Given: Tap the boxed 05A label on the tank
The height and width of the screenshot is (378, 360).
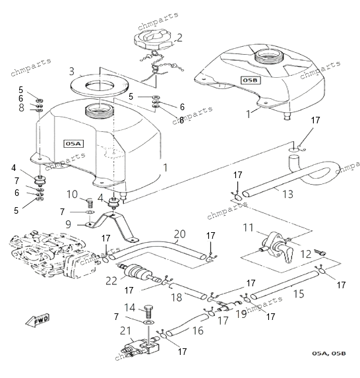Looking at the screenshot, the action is point(73,144).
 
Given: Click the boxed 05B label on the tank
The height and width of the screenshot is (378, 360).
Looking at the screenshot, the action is point(251,80).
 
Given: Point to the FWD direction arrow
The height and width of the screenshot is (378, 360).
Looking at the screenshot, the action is point(38,321).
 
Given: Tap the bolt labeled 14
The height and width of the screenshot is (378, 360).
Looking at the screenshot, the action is point(148,312).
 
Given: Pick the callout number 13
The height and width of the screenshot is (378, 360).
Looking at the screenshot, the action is point(287,194).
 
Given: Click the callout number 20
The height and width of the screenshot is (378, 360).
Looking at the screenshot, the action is point(180,234).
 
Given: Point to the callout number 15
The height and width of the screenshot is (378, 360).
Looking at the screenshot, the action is point(299,294).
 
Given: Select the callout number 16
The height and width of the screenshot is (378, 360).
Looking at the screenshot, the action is point(198,331).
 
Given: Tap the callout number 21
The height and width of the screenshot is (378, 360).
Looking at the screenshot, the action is point(125,331).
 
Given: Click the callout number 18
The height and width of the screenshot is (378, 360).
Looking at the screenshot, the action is point(177,298).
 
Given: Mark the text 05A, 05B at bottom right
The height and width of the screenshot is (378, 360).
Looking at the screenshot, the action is point(329,354).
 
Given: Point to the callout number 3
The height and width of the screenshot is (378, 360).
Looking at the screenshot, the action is point(72,71).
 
